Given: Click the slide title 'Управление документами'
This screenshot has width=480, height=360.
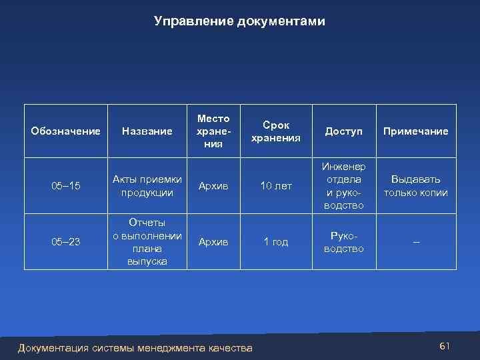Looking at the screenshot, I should click(239, 21).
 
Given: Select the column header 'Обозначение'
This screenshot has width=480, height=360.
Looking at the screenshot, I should click(65, 131).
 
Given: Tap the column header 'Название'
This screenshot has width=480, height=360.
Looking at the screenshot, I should click(147, 131).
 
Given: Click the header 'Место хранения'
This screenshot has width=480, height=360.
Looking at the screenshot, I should click(213, 131).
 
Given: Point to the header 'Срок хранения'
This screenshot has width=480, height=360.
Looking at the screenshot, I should click(275, 131).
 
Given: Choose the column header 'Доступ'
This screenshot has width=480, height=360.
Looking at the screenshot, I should click(343, 131).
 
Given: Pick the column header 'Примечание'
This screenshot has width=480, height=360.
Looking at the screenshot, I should click(415, 131).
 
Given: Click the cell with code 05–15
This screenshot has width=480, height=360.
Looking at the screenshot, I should click(65, 186).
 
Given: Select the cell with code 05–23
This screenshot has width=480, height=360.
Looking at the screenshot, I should click(65, 242).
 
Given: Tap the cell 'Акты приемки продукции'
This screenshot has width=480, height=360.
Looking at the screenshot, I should click(147, 186).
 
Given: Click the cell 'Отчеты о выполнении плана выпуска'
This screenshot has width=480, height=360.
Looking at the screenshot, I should click(147, 242).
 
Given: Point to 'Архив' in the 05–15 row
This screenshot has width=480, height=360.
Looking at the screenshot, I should click(213, 186).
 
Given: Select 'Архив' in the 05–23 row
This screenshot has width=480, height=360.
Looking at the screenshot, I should click(213, 242).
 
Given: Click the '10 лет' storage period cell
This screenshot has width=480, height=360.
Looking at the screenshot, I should click(275, 186).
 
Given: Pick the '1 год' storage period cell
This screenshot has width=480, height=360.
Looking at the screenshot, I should click(275, 242).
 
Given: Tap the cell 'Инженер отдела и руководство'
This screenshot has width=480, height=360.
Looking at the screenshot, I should click(343, 186).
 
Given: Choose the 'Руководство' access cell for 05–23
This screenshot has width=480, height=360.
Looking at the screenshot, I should click(343, 242).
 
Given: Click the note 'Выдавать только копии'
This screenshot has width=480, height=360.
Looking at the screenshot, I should click(415, 186).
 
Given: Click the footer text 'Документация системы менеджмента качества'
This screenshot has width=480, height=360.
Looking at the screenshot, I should click(135, 347).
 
